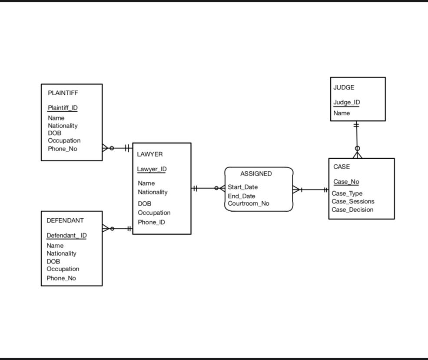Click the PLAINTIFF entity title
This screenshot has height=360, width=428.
[x=63, y=93]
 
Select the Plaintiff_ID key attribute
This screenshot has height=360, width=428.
[x=63, y=108]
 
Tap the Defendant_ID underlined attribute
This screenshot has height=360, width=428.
[x=66, y=236]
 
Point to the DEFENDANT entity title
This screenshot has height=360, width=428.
[x=65, y=220]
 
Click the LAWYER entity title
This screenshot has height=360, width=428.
[x=150, y=154]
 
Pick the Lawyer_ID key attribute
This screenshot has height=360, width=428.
[x=152, y=169]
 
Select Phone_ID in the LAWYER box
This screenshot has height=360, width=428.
[x=151, y=222]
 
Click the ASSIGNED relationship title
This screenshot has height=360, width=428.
[x=256, y=173]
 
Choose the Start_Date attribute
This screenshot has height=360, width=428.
[x=242, y=187]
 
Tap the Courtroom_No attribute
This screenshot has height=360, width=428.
[x=248, y=203]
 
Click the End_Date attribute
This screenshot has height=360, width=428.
[x=241, y=196]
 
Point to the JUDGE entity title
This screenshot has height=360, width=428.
[x=344, y=87]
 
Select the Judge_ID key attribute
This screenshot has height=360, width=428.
[x=346, y=103]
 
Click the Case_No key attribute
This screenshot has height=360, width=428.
[x=346, y=182]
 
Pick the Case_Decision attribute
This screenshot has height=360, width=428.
[x=352, y=210]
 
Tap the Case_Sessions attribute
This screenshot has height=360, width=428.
[x=353, y=201]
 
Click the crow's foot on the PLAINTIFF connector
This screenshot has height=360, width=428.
[x=106, y=148]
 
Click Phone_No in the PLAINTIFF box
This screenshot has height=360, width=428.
[x=62, y=149]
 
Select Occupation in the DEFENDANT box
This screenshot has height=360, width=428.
[x=63, y=269]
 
